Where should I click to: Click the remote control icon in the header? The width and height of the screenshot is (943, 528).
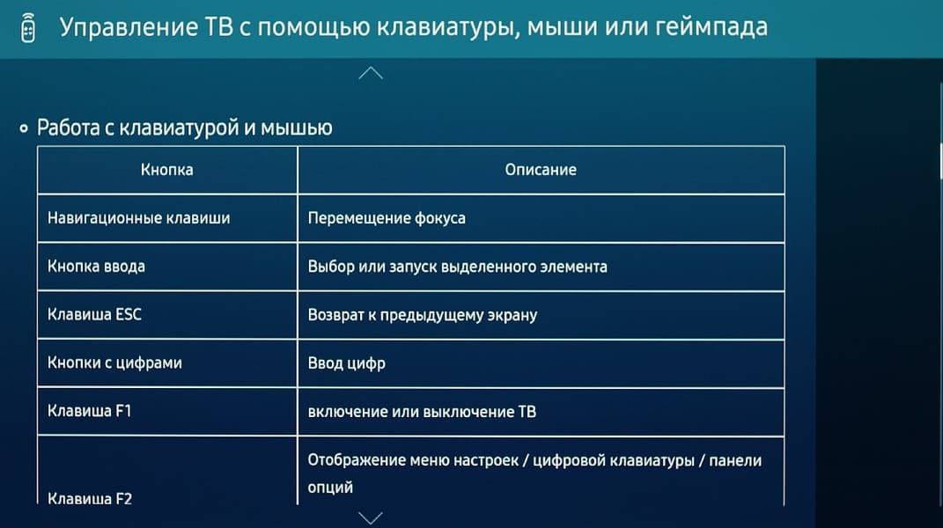(28, 27)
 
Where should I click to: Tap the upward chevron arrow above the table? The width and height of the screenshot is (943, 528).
(371, 73)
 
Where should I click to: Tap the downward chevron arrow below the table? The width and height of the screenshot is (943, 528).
(371, 518)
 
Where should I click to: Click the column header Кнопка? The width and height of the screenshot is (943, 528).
(167, 170)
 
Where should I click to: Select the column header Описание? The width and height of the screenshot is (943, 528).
(541, 170)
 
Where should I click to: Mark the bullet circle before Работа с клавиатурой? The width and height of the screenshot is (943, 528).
(24, 128)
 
